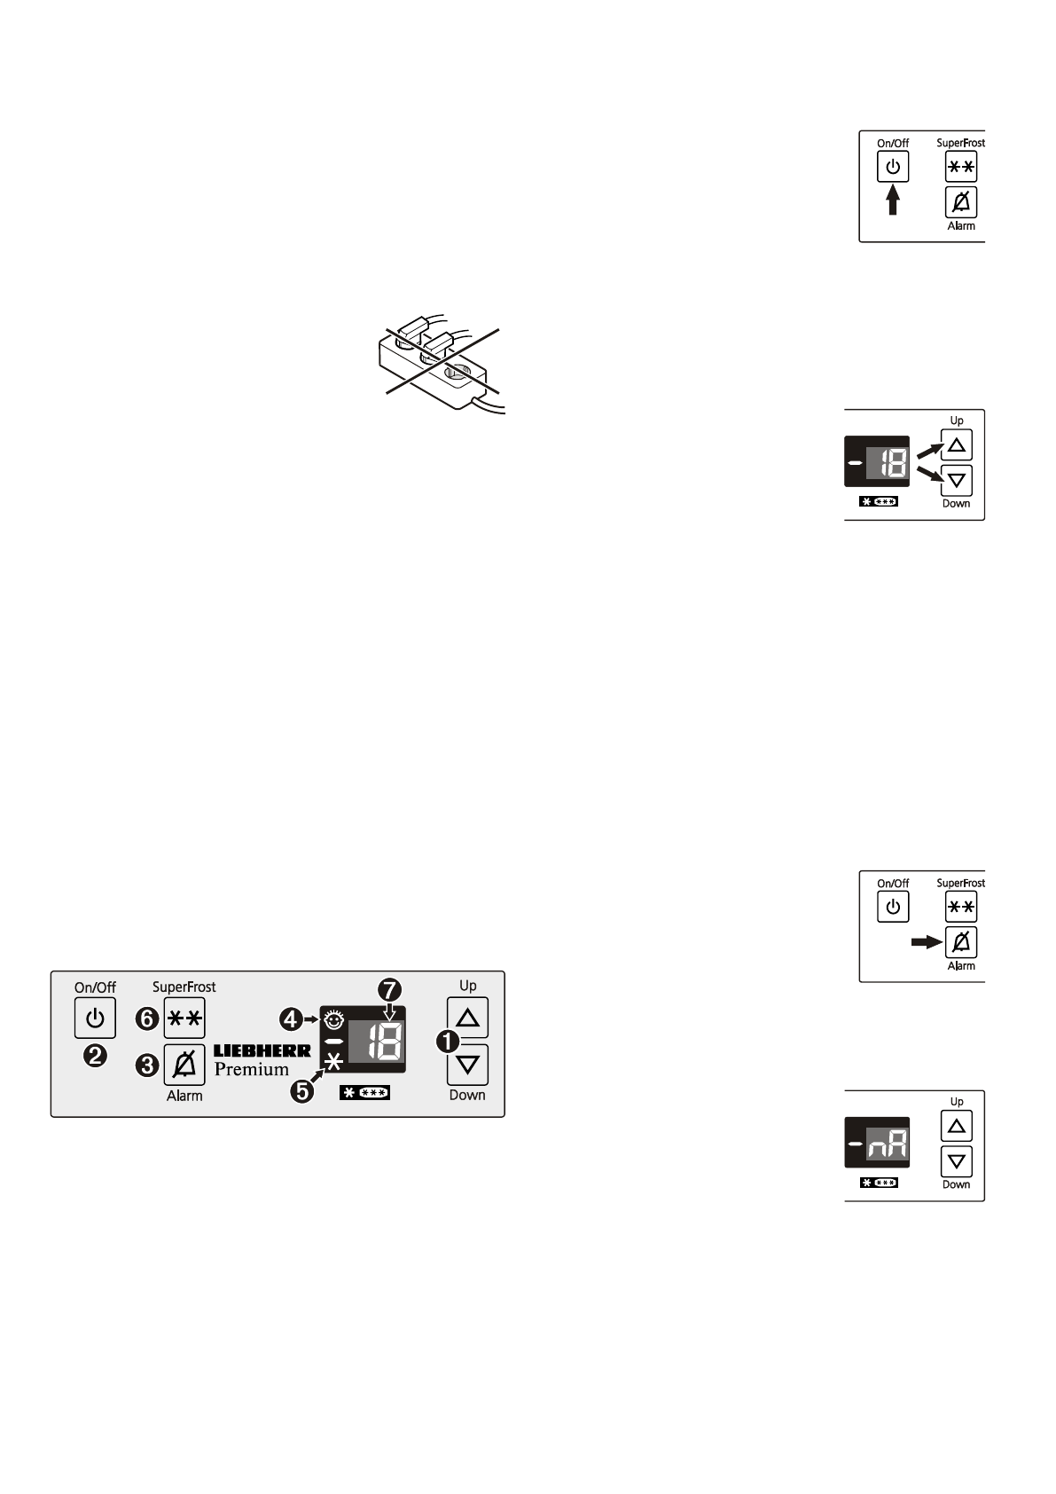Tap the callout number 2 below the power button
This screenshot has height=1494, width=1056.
95,1056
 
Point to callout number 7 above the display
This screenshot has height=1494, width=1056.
388,988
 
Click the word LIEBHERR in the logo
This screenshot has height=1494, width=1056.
262,1050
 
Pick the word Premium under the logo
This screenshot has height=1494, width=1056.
252,1069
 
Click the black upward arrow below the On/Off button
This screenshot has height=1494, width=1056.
893,200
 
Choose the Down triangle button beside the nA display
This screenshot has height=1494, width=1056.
956,1160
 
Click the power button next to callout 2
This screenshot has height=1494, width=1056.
95,1018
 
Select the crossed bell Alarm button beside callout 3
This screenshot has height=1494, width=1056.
184,1064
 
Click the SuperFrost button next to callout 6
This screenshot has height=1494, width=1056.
184,1018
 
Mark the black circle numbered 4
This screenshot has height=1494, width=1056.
291,1020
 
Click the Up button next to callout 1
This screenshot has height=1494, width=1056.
467,1017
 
